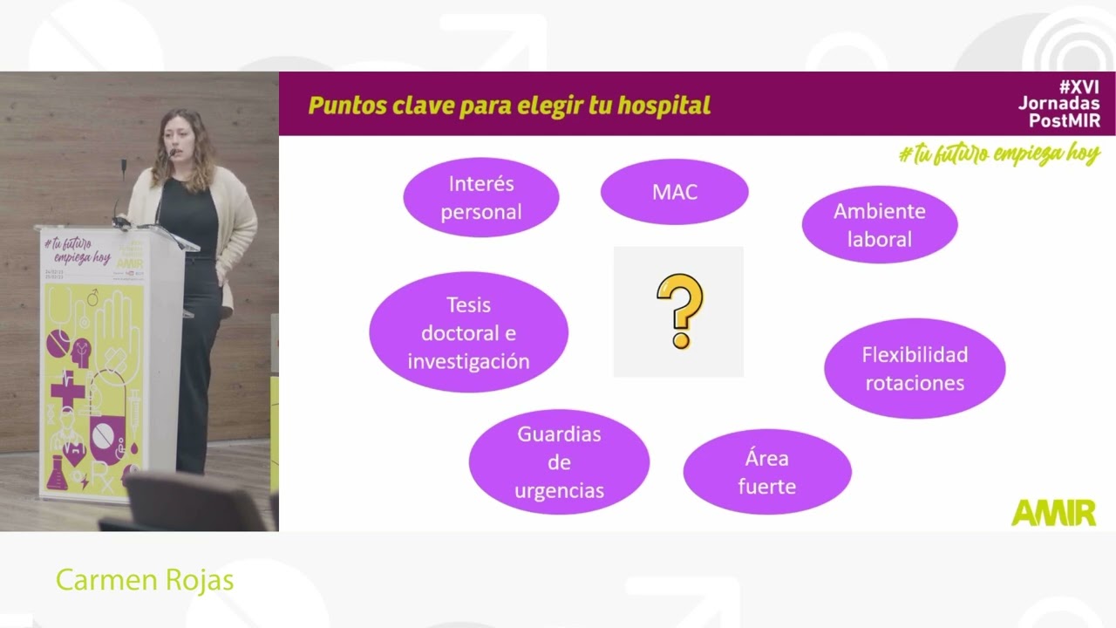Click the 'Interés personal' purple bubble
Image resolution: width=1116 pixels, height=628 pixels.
pyautogui.click(x=480, y=197)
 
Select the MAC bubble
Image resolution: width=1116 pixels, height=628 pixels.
pyautogui.click(x=674, y=192)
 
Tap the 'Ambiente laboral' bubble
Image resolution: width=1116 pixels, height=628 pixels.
pyautogui.click(x=879, y=224)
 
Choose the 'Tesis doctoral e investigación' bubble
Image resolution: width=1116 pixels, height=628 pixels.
pyautogui.click(x=468, y=332)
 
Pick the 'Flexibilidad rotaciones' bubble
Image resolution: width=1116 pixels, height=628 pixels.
pyautogui.click(x=914, y=368)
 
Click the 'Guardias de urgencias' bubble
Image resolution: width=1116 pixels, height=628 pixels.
pyautogui.click(x=559, y=461)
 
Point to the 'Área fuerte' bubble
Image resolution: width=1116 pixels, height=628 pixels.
pyautogui.click(x=766, y=472)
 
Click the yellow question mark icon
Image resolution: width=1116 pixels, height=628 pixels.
pyautogui.click(x=678, y=311)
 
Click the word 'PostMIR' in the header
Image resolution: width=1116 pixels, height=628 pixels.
pyautogui.click(x=1065, y=120)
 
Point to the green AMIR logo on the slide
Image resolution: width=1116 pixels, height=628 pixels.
pyautogui.click(x=1053, y=513)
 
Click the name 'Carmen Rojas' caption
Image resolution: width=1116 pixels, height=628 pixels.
pyautogui.click(x=145, y=580)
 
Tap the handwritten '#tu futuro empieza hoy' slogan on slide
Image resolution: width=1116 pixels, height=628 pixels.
pyautogui.click(x=998, y=154)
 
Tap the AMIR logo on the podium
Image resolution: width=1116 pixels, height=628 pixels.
pyautogui.click(x=129, y=263)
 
